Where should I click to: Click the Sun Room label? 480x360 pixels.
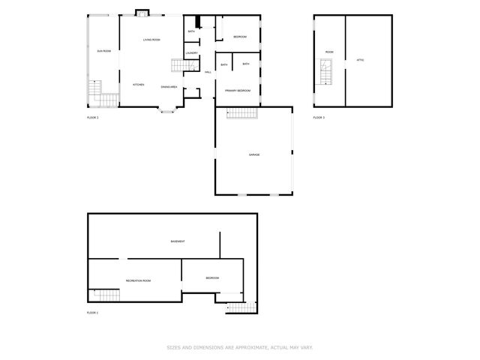pos(103,51)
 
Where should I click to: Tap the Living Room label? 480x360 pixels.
pos(152,39)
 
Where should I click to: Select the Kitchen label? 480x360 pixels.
pos(139,85)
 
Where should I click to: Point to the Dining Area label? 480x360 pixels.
pos(169,87)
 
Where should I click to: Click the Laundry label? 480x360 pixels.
pos(191,53)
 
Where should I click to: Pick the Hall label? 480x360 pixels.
pos(208,72)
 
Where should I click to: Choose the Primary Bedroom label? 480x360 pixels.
pos(237,90)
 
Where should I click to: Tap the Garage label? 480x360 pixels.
pos(254,154)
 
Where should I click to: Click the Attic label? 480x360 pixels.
pos(360,59)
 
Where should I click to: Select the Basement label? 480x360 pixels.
pos(178,241)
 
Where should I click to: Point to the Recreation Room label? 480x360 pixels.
pos(139,280)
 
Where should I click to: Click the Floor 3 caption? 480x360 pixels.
pos(319,118)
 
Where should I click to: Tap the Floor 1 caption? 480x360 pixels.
pos(93,312)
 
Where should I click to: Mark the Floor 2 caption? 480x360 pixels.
pos(93,118)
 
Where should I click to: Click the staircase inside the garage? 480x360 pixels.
pos(242,113)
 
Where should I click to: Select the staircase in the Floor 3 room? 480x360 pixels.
pos(325,73)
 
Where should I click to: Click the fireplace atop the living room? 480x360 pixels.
pos(142,13)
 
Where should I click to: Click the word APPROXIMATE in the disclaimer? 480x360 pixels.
pos(235,347)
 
